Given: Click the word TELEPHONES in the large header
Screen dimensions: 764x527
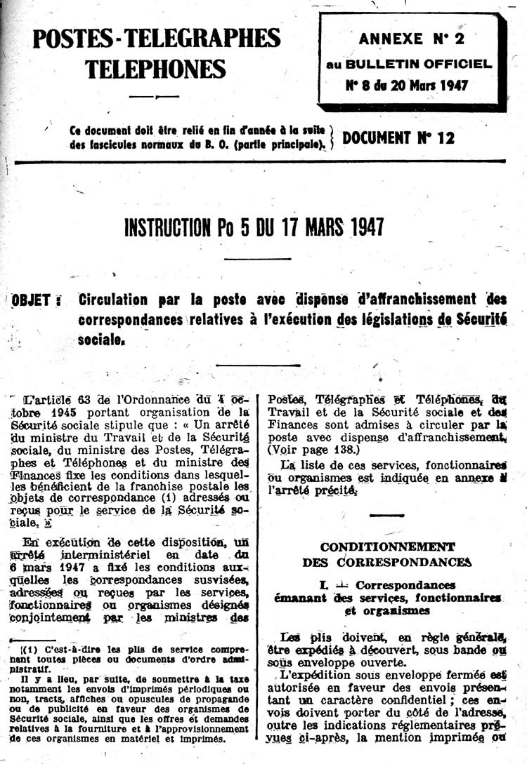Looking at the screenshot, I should (x=156, y=69).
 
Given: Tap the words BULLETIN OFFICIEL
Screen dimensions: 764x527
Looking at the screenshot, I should (x=428, y=64).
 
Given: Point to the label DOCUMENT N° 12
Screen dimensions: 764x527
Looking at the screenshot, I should (x=398, y=138).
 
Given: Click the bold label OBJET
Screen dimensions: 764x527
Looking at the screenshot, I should (x=32, y=300).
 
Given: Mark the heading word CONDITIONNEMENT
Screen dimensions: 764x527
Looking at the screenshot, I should (x=387, y=547).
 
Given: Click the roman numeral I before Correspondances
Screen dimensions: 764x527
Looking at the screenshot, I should (x=322, y=584).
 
